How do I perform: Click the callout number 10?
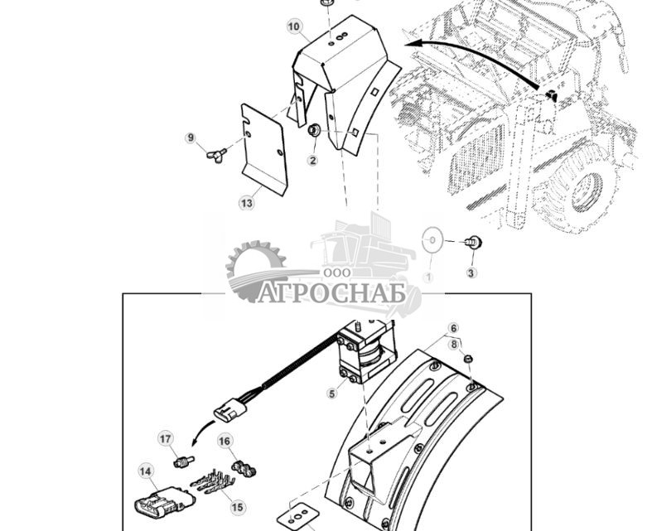click(x=294, y=27)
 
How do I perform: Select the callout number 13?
click(x=246, y=202)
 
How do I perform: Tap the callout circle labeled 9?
click(x=191, y=138)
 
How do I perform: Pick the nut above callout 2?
click(x=314, y=132)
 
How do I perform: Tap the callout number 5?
click(x=332, y=393)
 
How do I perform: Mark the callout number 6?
click(x=453, y=329)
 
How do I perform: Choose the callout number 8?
click(x=453, y=344)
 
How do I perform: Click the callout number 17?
click(x=166, y=438)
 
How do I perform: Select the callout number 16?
click(x=225, y=442)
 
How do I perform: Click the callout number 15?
click(x=238, y=507)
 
